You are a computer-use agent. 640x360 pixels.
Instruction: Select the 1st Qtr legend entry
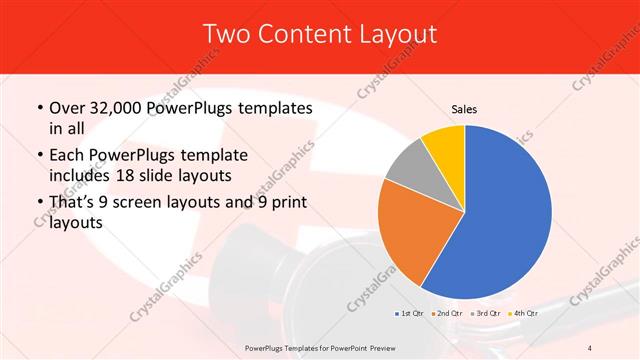tap(408, 313)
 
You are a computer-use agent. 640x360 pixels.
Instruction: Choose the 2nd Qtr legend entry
tap(448, 313)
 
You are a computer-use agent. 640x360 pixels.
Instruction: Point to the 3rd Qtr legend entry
tap(487, 313)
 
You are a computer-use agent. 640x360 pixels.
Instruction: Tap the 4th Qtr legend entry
tap(526, 313)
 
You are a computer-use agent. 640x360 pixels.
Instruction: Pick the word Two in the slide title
tap(225, 34)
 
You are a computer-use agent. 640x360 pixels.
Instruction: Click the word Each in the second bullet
tap(68, 156)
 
